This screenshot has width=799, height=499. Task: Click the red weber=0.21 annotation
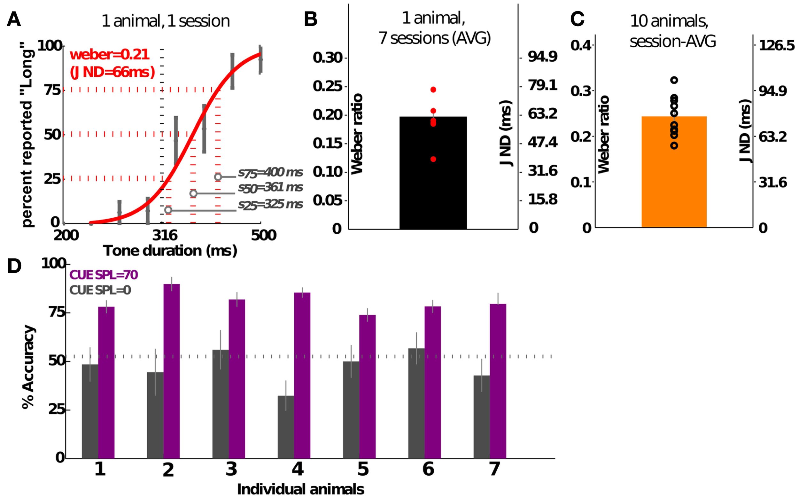click(110, 54)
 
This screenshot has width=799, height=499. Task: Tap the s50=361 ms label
click(270, 187)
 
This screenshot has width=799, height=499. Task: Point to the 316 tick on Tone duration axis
click(165, 235)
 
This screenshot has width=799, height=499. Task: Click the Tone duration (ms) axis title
click(170, 251)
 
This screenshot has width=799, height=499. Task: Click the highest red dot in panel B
click(433, 90)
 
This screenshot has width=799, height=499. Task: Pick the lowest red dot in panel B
click(433, 159)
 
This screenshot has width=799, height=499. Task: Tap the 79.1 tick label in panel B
click(542, 85)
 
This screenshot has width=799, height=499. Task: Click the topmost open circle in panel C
click(674, 80)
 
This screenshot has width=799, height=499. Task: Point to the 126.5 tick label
click(776, 45)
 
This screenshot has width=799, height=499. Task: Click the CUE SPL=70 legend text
click(103, 275)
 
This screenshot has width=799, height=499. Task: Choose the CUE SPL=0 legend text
click(100, 290)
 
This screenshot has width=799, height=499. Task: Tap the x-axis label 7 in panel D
click(494, 469)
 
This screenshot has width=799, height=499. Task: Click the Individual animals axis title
click(300, 489)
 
